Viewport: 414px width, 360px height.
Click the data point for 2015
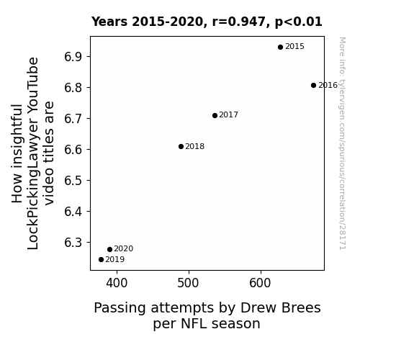(280, 48)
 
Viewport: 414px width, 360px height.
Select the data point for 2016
(313, 85)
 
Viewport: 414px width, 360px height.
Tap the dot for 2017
(215, 115)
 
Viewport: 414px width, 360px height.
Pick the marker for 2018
(181, 147)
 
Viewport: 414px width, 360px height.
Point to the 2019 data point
(101, 260)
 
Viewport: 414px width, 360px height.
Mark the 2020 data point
(110, 249)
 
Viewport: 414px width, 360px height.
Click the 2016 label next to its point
(328, 85)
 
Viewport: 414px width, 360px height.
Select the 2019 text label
(115, 260)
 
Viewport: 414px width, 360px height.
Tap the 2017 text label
(229, 115)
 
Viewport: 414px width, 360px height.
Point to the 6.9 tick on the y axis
(73, 57)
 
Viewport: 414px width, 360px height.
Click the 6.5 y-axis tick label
(73, 181)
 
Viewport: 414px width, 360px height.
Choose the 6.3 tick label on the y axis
(73, 243)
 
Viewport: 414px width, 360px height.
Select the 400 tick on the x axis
(117, 283)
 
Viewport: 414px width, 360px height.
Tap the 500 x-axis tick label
(188, 283)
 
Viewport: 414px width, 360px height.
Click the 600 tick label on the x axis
(260, 283)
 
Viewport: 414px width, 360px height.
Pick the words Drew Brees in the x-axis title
(280, 307)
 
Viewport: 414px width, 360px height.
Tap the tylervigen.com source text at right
(343, 143)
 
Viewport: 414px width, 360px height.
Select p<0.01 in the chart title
(299, 22)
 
